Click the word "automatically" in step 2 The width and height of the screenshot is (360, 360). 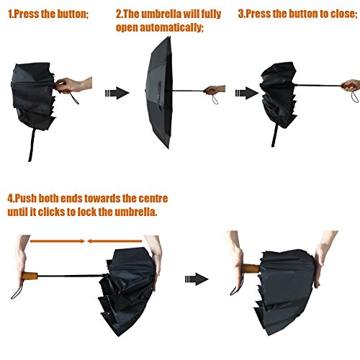(x=171, y=27)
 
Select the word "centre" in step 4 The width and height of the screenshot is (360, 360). (x=153, y=199)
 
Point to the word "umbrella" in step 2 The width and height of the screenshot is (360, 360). (x=161, y=14)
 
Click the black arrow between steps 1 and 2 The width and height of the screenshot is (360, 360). (x=117, y=93)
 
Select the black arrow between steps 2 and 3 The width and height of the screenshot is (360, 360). (x=247, y=93)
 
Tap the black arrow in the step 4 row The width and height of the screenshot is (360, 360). (x=197, y=279)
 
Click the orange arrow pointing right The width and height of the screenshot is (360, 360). (x=58, y=241)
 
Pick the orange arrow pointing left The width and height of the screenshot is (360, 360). (x=114, y=241)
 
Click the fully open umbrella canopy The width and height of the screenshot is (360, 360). (x=159, y=92)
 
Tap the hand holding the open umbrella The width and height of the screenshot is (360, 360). (x=215, y=89)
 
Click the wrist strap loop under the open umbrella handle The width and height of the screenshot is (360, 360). (x=215, y=99)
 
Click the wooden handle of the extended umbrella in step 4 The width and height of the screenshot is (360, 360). (x=30, y=276)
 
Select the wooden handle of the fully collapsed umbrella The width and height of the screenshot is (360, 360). (x=251, y=268)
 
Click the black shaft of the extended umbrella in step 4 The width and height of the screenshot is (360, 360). (x=71, y=276)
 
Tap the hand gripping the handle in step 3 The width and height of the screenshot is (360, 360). (x=351, y=85)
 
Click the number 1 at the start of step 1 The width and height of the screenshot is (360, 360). (x=10, y=14)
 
